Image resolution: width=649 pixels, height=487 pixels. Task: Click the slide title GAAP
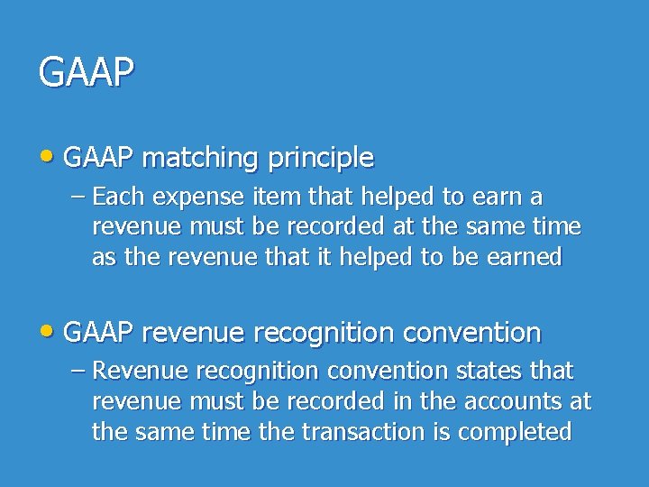pos(87,72)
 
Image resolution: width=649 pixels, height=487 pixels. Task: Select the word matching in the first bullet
pos(199,158)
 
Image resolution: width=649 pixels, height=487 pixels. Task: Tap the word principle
pos(320,158)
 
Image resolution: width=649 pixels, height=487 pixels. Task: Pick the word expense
pos(190,197)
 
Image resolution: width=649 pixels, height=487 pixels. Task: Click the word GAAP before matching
pos(99,158)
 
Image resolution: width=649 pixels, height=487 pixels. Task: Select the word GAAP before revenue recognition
pos(99,333)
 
